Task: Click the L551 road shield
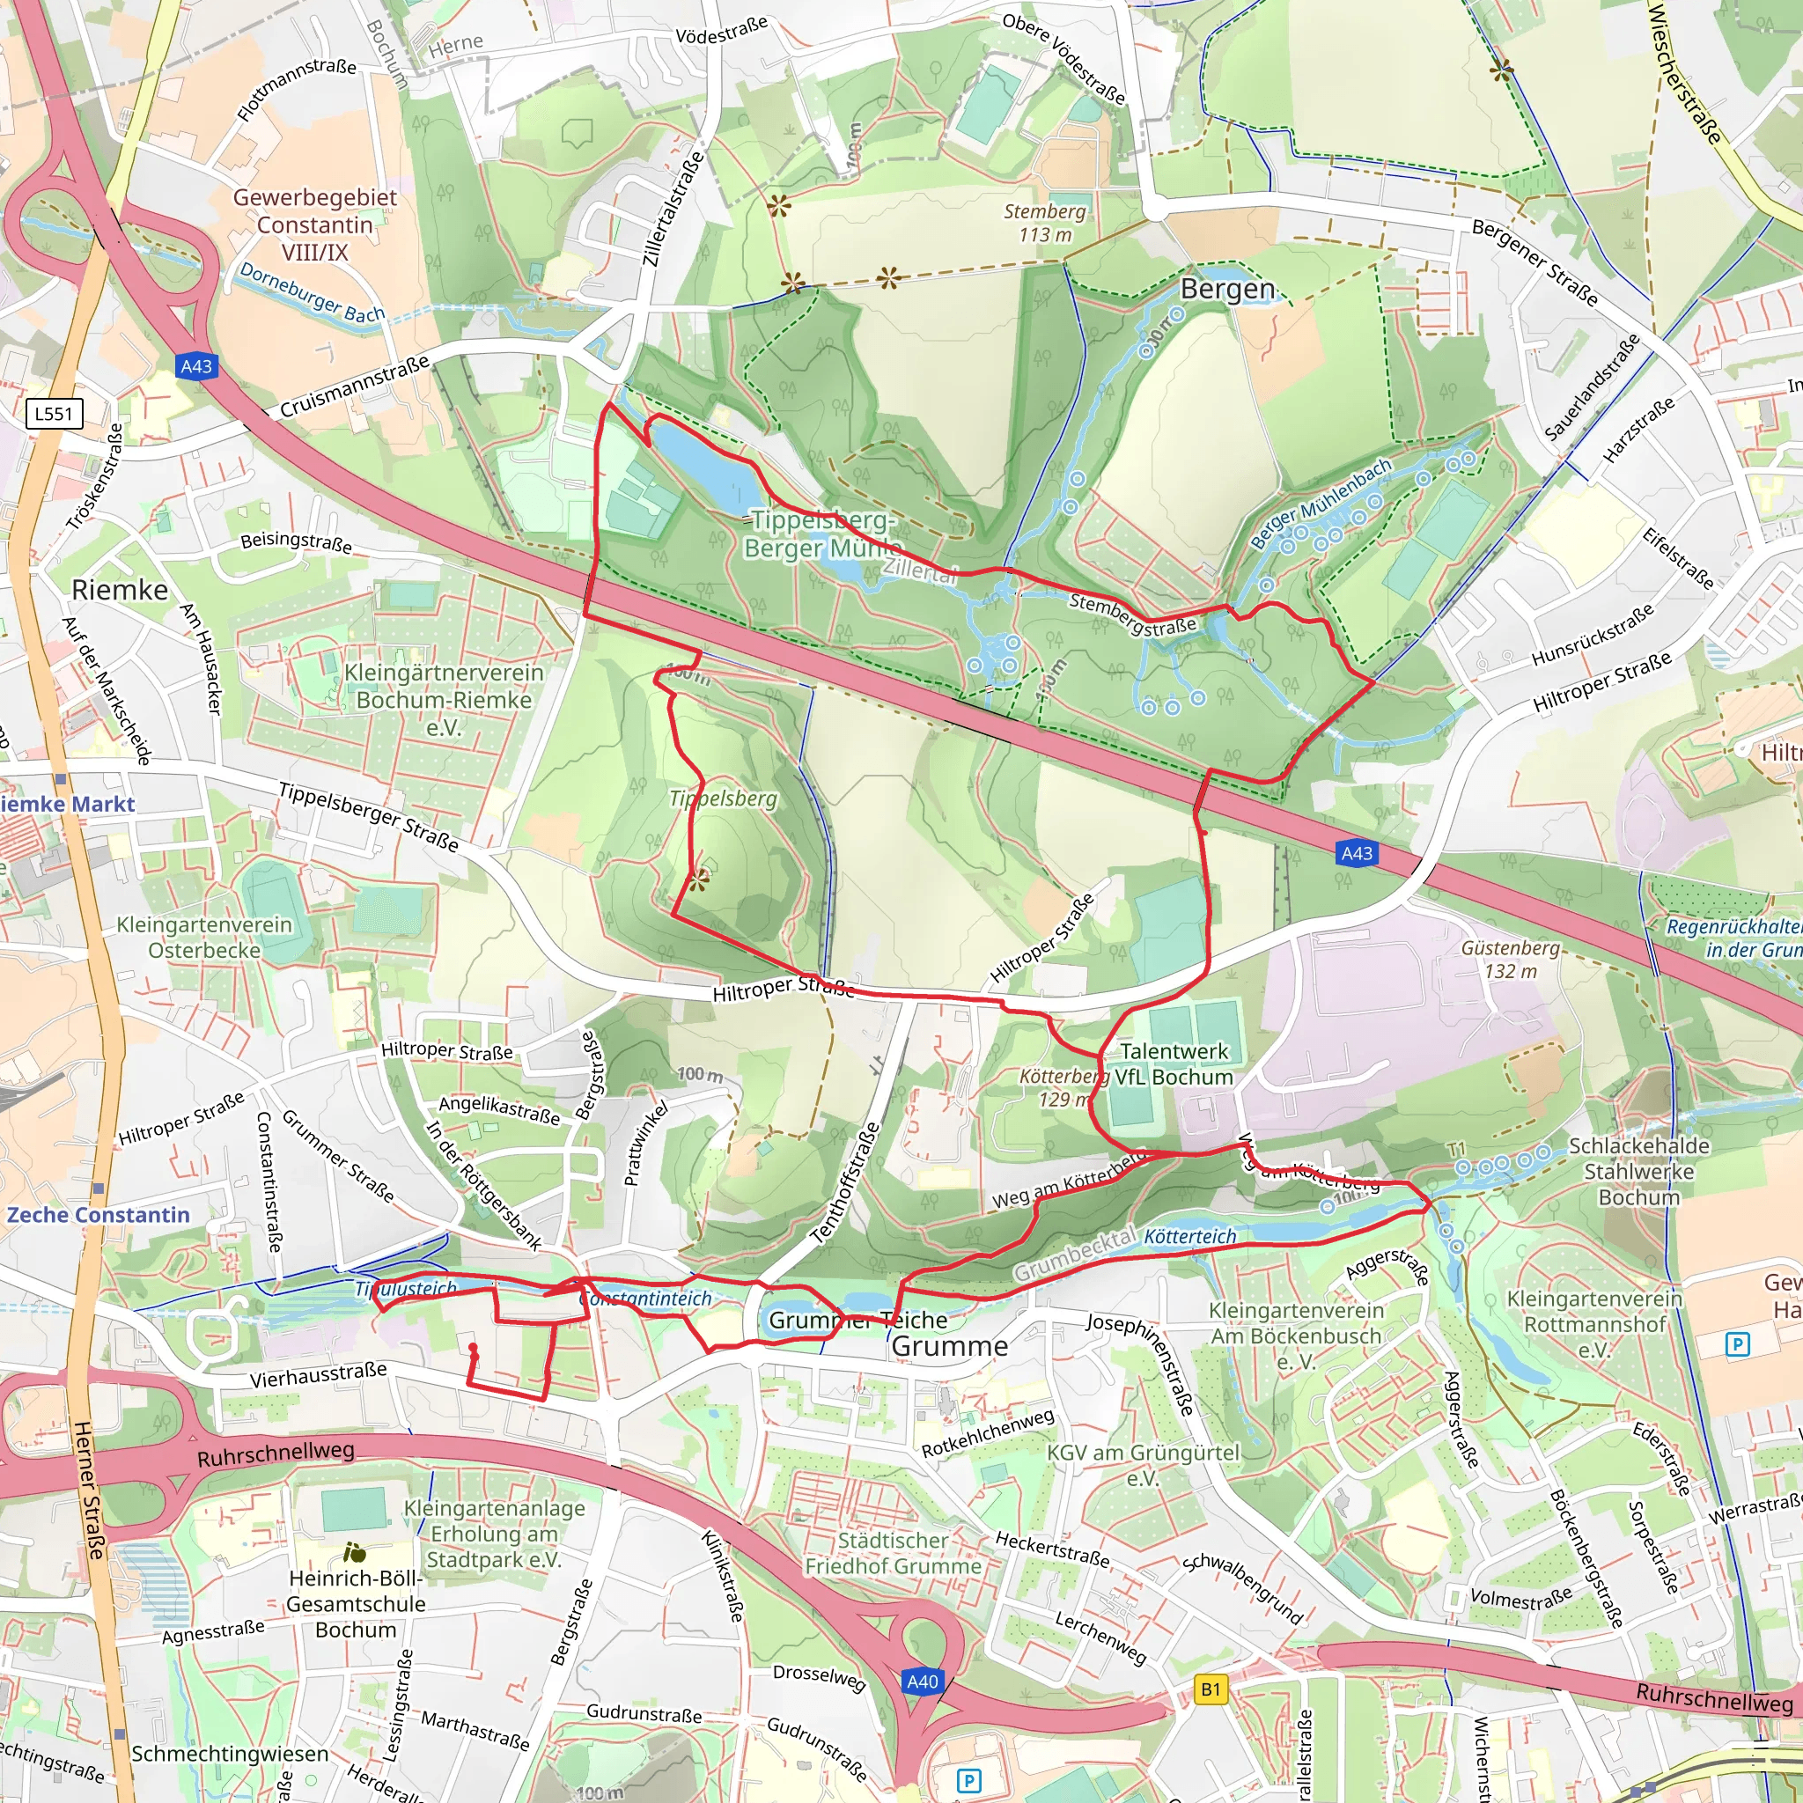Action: (x=53, y=414)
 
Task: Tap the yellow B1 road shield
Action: (x=1211, y=1689)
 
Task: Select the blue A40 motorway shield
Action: (x=922, y=1682)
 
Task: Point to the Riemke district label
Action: (x=120, y=590)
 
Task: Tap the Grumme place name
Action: (x=949, y=1346)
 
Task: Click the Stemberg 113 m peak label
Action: (x=1044, y=223)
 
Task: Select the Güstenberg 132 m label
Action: (x=1510, y=960)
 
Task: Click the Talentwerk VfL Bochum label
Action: (x=1174, y=1063)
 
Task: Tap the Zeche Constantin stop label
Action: (x=98, y=1215)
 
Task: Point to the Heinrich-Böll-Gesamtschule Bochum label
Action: (x=356, y=1604)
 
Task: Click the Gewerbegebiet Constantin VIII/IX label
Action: (x=314, y=224)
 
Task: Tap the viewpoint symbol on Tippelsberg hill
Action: (x=699, y=878)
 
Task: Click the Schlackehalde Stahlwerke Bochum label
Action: (x=1638, y=1171)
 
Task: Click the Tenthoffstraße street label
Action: (x=845, y=1182)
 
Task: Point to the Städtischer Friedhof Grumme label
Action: (x=893, y=1553)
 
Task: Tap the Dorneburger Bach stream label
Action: (x=312, y=292)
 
